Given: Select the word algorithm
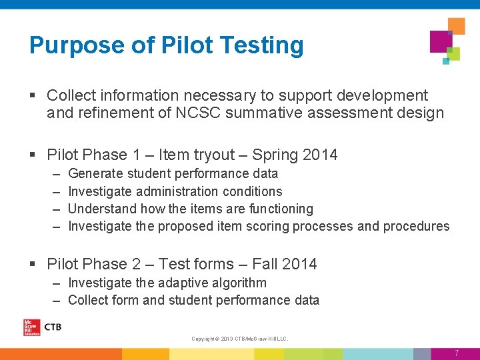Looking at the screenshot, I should (x=238, y=283).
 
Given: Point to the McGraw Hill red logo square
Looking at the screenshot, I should (x=31, y=327).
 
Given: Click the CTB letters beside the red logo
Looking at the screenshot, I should (x=52, y=327).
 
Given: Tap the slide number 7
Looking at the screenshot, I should (x=457, y=353).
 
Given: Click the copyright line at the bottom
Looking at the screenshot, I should (x=240, y=339).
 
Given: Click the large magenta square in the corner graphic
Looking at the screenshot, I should (x=441, y=41).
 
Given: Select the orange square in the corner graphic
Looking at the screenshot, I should (x=456, y=25).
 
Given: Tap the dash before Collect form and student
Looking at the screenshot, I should (x=57, y=300).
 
